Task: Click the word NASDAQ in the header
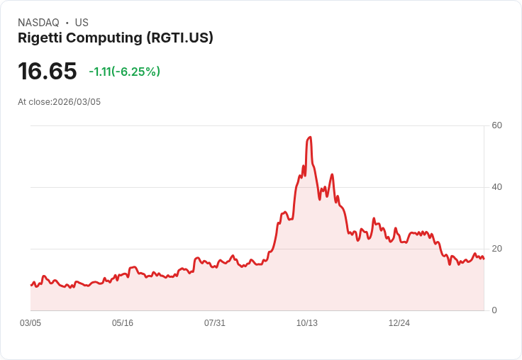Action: (x=38, y=23)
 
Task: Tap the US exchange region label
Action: (x=82, y=23)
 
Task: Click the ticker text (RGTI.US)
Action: (x=180, y=38)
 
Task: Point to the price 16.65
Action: (x=47, y=71)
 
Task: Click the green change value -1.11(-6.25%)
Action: (x=124, y=72)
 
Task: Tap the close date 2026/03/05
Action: (x=77, y=102)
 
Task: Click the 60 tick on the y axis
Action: (x=497, y=125)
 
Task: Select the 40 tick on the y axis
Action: (x=497, y=187)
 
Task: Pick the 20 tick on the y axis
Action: (x=497, y=249)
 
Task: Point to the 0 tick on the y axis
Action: (x=494, y=310)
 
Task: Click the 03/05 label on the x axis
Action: (x=30, y=323)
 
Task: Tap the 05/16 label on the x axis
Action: (x=123, y=323)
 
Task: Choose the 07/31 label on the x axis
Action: (x=215, y=323)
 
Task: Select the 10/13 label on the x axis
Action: (x=307, y=323)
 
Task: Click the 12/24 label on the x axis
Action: (x=399, y=323)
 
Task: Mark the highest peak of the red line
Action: (x=310, y=137)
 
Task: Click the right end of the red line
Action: (x=484, y=259)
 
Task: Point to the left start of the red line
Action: (x=31, y=285)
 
